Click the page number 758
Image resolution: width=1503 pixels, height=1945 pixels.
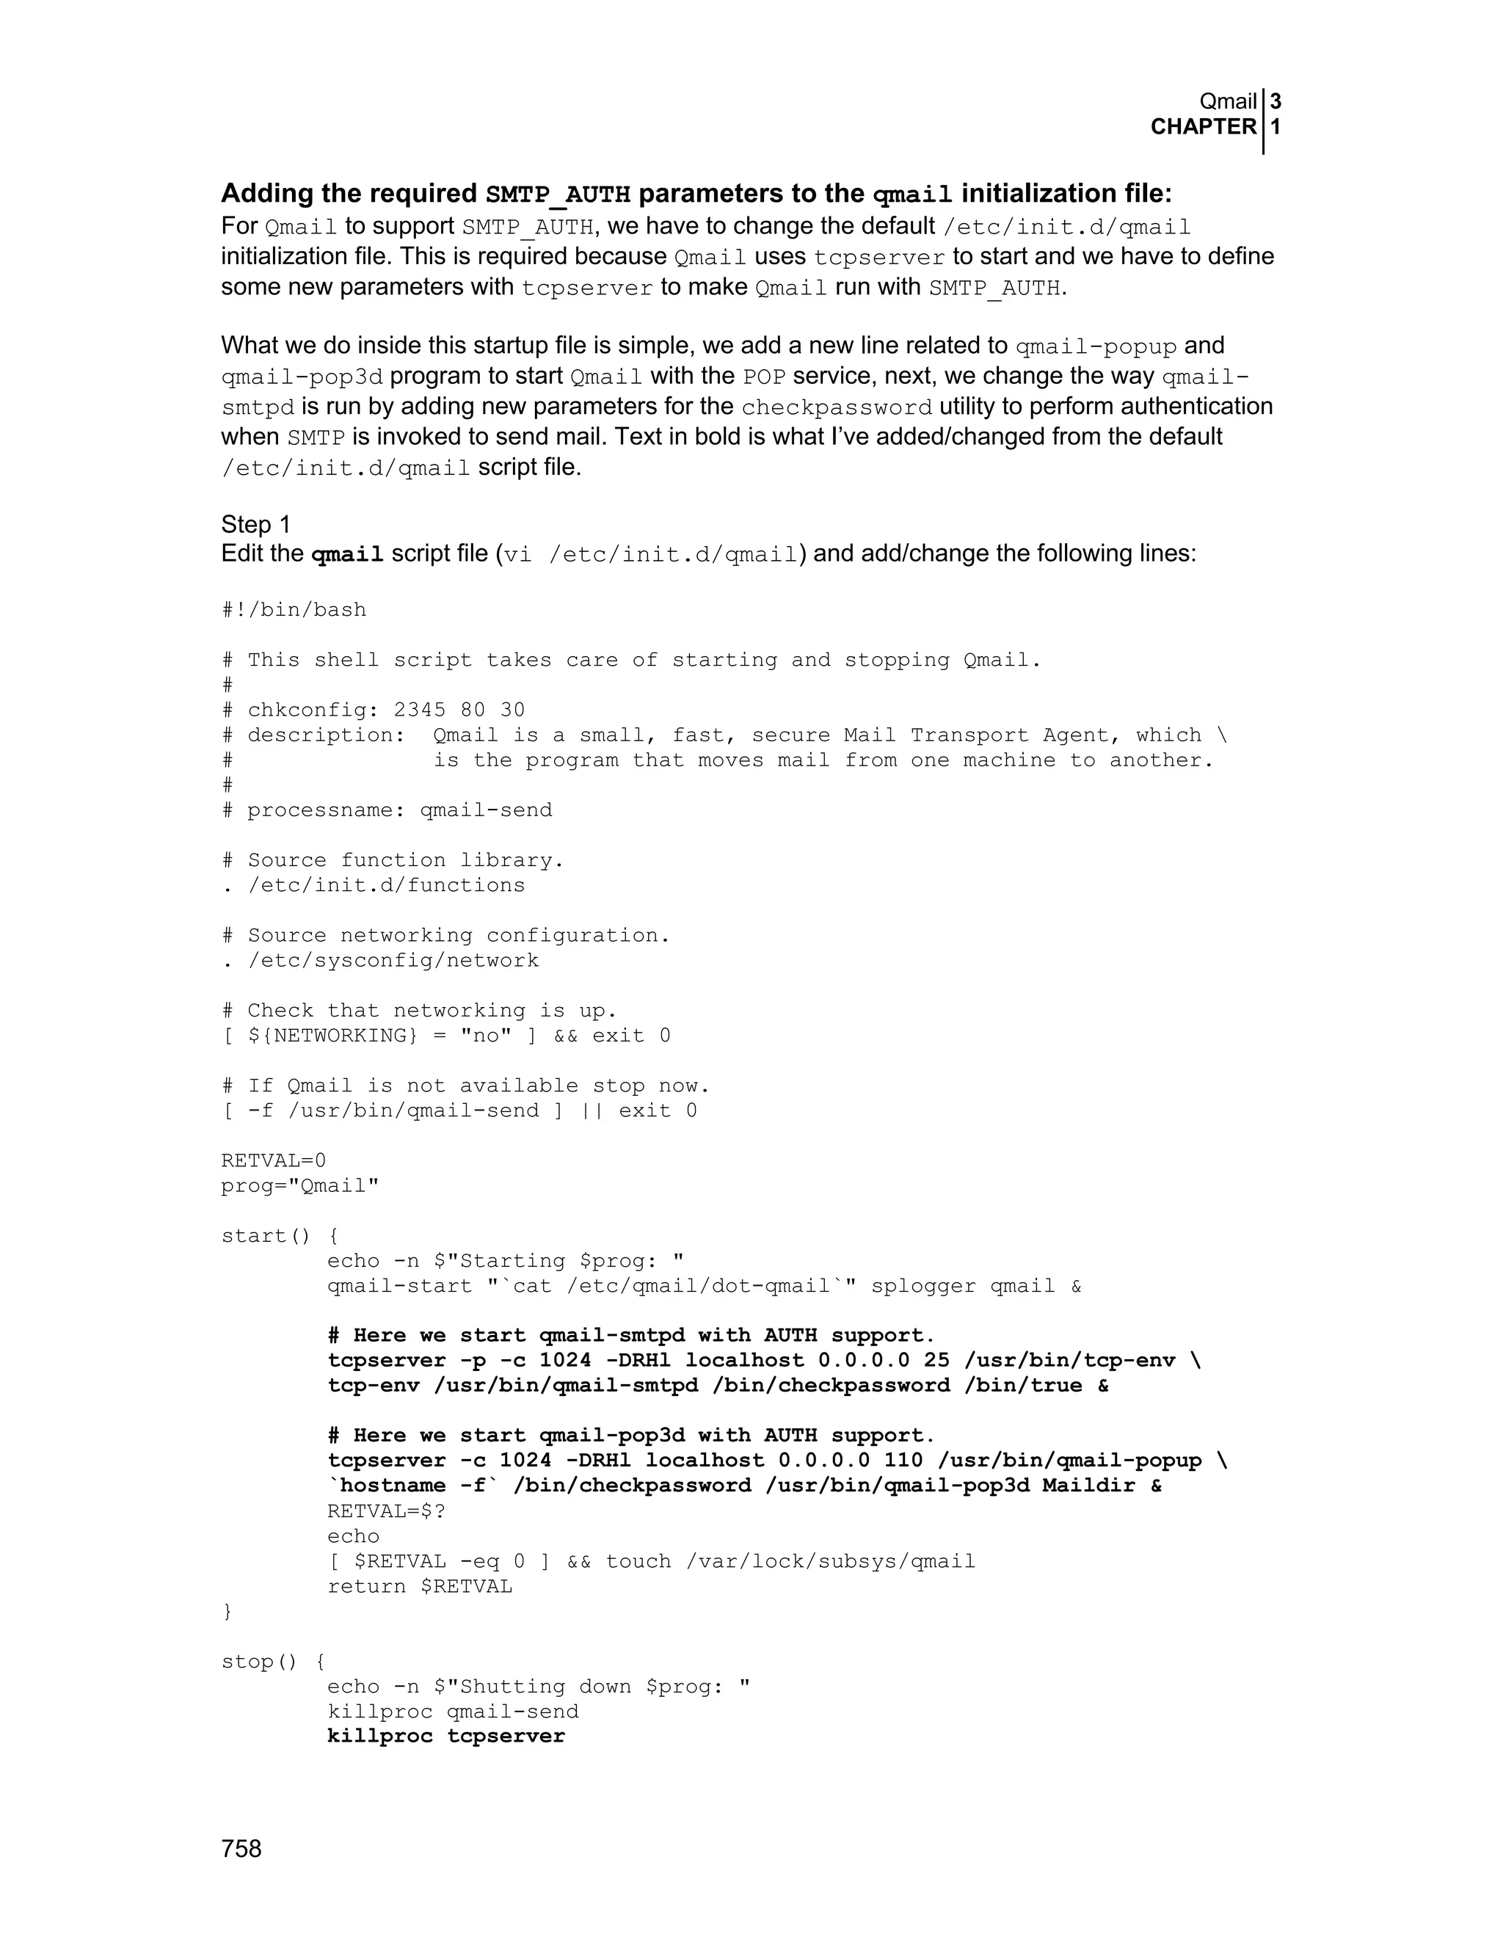[241, 1849]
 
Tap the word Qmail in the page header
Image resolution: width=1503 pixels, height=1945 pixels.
[1228, 101]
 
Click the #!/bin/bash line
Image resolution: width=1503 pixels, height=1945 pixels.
[294, 610]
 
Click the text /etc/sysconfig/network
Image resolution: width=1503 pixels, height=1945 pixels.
[393, 960]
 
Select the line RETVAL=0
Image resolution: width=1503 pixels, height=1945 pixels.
[273, 1160]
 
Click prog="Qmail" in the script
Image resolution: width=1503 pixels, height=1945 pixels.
[300, 1185]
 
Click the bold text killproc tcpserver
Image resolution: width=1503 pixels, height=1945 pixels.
[446, 1737]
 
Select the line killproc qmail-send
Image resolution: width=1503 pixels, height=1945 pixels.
[452, 1712]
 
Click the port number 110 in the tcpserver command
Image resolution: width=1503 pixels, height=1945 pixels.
[903, 1461]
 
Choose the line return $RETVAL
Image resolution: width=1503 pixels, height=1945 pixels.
[419, 1586]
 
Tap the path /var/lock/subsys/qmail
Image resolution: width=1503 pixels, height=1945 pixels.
[830, 1561]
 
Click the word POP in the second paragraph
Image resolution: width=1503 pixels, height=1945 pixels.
[764, 377]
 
